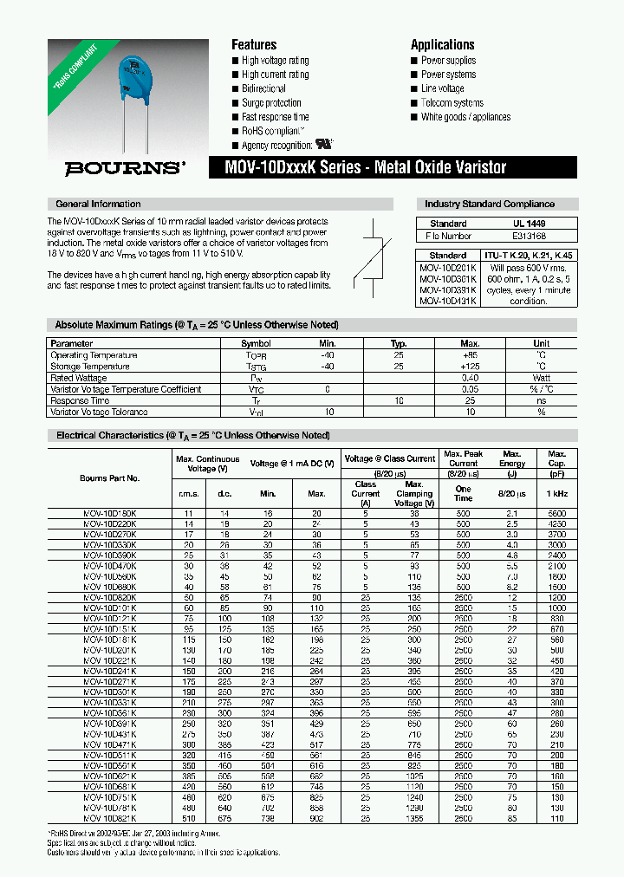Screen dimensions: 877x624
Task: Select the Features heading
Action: tap(254, 45)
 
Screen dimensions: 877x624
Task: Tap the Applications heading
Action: tap(442, 45)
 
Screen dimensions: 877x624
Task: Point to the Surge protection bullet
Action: tap(271, 103)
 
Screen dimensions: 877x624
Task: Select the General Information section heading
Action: tap(98, 205)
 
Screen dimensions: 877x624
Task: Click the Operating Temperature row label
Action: tap(94, 355)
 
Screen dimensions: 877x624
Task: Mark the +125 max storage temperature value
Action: tap(470, 367)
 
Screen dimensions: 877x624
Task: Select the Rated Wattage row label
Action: tap(80, 378)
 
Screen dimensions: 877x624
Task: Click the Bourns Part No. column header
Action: tap(110, 478)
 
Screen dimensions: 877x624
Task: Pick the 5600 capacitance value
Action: tap(556, 514)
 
